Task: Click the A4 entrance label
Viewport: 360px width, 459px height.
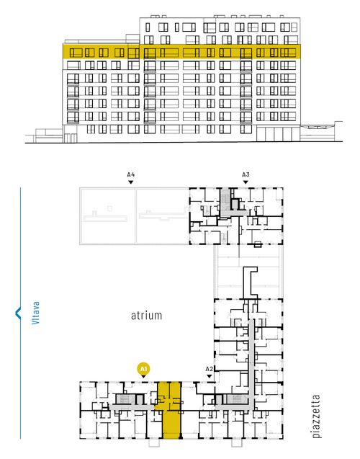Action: pos(131,175)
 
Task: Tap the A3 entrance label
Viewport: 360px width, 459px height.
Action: pos(246,175)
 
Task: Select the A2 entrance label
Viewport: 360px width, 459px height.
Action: pos(210,369)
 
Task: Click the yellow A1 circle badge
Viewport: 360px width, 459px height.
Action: pos(143,369)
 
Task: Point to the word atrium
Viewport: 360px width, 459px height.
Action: pos(146,316)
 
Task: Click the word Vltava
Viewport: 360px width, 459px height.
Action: pos(35,313)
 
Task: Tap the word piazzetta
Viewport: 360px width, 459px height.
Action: pos(316,416)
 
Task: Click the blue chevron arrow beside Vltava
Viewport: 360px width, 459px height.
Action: pos(17,313)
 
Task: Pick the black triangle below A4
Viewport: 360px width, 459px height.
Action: pos(131,182)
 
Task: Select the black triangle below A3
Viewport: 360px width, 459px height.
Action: pos(246,182)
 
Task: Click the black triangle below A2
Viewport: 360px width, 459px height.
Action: pos(210,376)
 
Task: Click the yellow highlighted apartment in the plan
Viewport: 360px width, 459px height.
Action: pos(171,410)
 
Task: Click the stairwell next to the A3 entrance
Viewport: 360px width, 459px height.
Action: pos(225,199)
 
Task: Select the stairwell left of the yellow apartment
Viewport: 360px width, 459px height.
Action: pos(125,399)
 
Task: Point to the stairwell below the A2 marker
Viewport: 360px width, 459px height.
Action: pos(236,399)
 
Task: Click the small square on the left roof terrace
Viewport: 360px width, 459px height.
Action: pos(109,208)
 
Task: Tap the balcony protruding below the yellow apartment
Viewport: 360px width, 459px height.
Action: pos(154,443)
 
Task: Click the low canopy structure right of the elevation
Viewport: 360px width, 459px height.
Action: pos(321,131)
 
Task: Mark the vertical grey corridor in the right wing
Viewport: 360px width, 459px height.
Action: pos(251,363)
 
